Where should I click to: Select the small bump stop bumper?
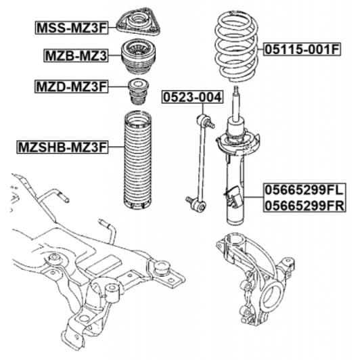139,91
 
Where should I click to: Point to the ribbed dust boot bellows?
139,162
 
